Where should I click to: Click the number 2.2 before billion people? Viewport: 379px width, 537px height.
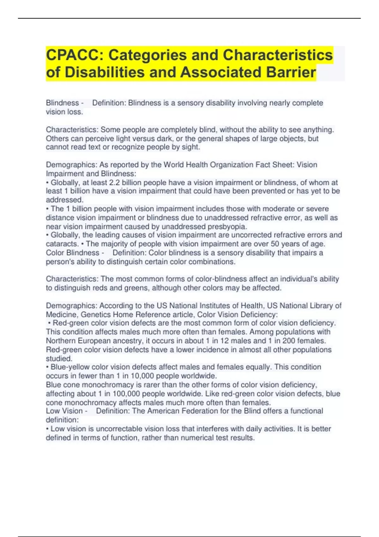click(114, 183)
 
